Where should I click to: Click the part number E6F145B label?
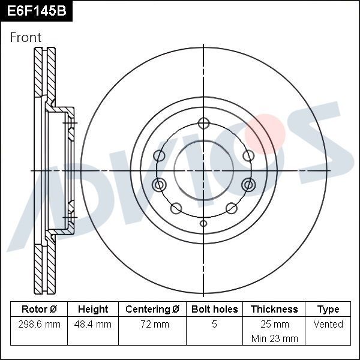tap(35, 10)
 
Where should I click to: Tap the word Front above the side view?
tap(26, 37)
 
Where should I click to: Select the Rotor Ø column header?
tap(39, 310)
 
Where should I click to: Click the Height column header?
tap(93, 310)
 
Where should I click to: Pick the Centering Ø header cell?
tap(152, 310)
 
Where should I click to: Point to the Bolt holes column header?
tap(214, 310)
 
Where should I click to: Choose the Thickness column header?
tap(274, 310)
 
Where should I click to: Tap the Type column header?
tap(328, 310)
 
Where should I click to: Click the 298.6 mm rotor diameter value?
tap(39, 325)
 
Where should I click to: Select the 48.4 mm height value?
tap(93, 325)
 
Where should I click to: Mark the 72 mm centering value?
tap(152, 325)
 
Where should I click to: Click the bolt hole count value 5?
tap(214, 325)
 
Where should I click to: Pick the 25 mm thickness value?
tap(274, 325)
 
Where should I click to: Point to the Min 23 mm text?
tap(274, 338)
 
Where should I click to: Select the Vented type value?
tap(328, 325)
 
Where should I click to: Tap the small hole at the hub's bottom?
tap(203, 224)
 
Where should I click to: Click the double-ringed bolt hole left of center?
tap(159, 184)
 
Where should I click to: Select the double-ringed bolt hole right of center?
tap(248, 184)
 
